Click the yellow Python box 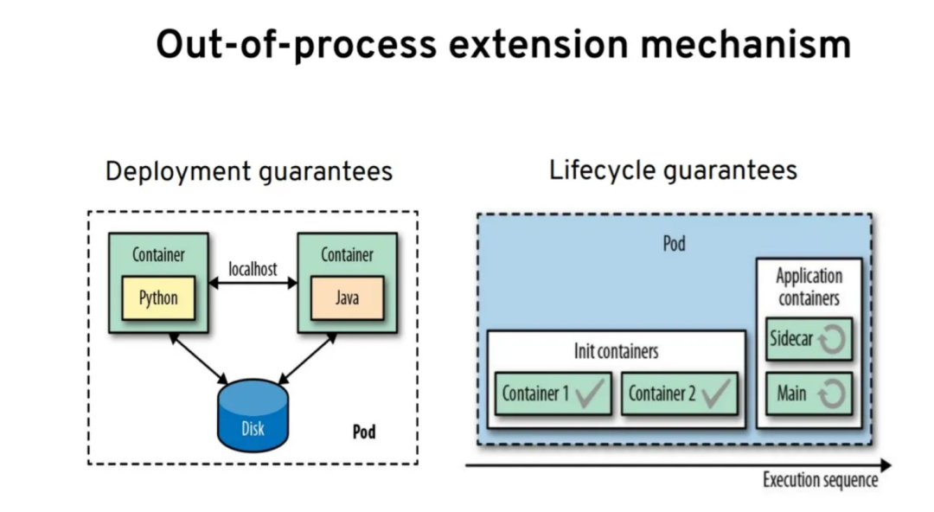158,298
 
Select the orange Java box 348,298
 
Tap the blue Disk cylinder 253,415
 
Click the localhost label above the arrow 253,270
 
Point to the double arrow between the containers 253,284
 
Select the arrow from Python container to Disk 198,359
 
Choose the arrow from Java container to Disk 307,359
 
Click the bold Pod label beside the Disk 364,432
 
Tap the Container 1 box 553,394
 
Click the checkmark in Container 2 716,394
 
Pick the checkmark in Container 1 591,394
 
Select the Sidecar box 809,338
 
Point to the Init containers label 617,351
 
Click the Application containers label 809,286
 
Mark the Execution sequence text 820,480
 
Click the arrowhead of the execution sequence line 886,465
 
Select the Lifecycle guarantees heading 673,171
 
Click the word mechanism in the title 745,45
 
